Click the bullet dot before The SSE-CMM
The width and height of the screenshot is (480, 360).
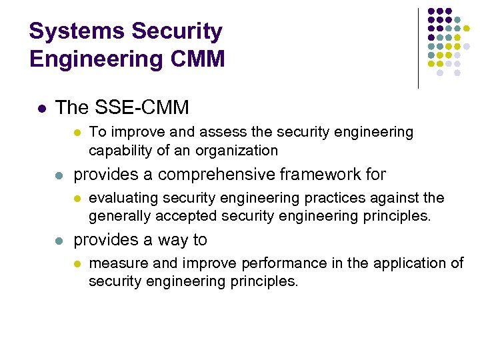pyautogui.click(x=41, y=107)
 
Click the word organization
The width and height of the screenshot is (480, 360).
pyautogui.click(x=236, y=150)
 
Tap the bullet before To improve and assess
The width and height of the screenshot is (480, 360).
pyautogui.click(x=77, y=133)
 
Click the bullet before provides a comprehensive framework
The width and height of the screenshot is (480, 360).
pyautogui.click(x=59, y=175)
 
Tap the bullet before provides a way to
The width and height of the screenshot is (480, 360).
pyautogui.click(x=59, y=241)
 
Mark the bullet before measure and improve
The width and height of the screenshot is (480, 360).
pyautogui.click(x=77, y=264)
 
